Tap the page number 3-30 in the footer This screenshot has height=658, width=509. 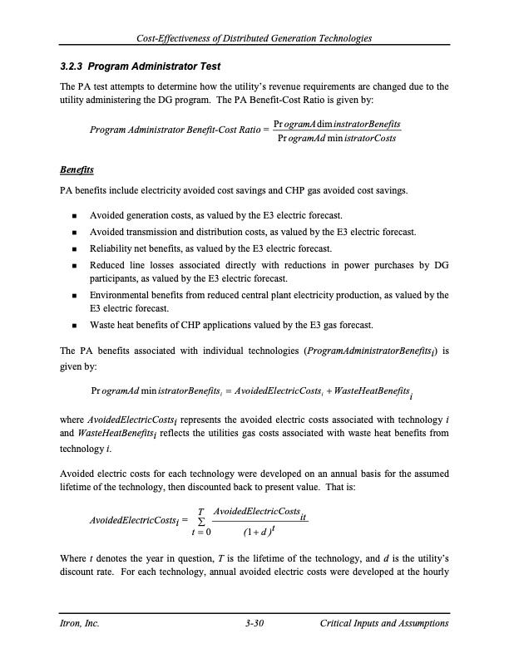point(254,623)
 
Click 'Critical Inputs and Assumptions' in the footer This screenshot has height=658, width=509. point(384,623)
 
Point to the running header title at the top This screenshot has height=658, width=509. point(254,38)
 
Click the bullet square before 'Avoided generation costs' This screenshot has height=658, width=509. point(75,215)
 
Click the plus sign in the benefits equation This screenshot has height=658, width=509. point(309,391)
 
